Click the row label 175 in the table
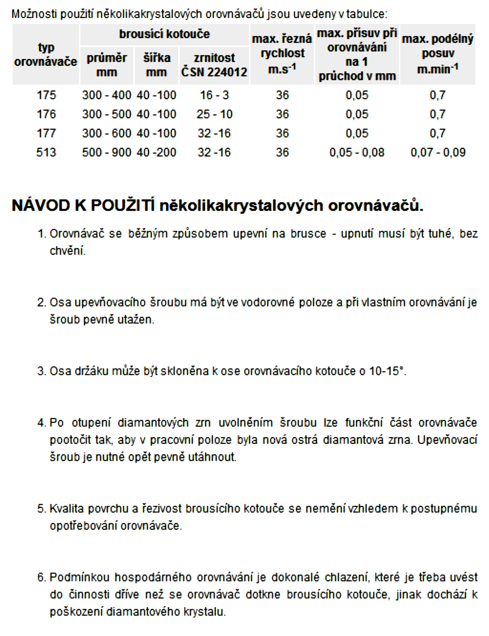coord(46,95)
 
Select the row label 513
coord(46,152)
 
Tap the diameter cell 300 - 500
coord(107,114)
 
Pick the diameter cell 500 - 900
coord(107,152)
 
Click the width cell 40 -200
coord(156,152)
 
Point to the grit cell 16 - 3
coord(214,95)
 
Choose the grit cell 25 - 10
coord(214,114)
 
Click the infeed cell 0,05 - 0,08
coord(357,152)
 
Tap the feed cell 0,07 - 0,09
coord(438,152)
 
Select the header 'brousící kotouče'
coord(164,34)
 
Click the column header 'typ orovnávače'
coord(46,54)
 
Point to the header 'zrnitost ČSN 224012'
coord(214,65)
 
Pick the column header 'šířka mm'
coord(156,65)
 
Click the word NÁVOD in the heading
coord(41,205)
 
